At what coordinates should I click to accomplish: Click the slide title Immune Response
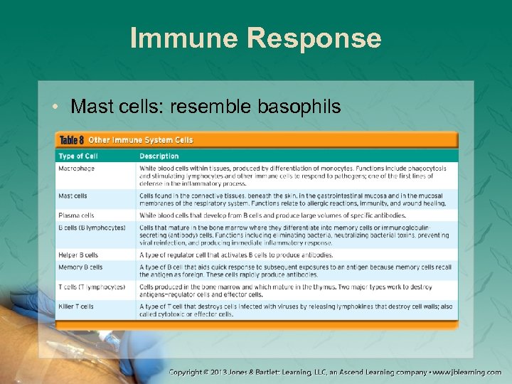click(x=256, y=38)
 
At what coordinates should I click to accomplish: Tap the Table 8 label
click(x=73, y=140)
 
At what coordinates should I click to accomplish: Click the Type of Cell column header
click(x=78, y=156)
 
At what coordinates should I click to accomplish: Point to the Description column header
click(x=159, y=156)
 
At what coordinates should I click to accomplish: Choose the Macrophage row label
click(x=77, y=169)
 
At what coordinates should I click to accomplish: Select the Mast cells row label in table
click(x=73, y=196)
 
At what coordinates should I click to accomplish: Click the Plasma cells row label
click(x=76, y=215)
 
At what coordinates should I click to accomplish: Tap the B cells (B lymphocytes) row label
click(x=92, y=228)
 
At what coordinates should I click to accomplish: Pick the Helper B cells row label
click(x=78, y=255)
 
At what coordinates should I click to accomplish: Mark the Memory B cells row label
click(x=80, y=267)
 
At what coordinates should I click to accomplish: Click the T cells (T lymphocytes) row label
click(x=92, y=287)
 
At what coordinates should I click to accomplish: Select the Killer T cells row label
click(x=76, y=306)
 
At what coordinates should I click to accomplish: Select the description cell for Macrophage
click(x=293, y=176)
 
